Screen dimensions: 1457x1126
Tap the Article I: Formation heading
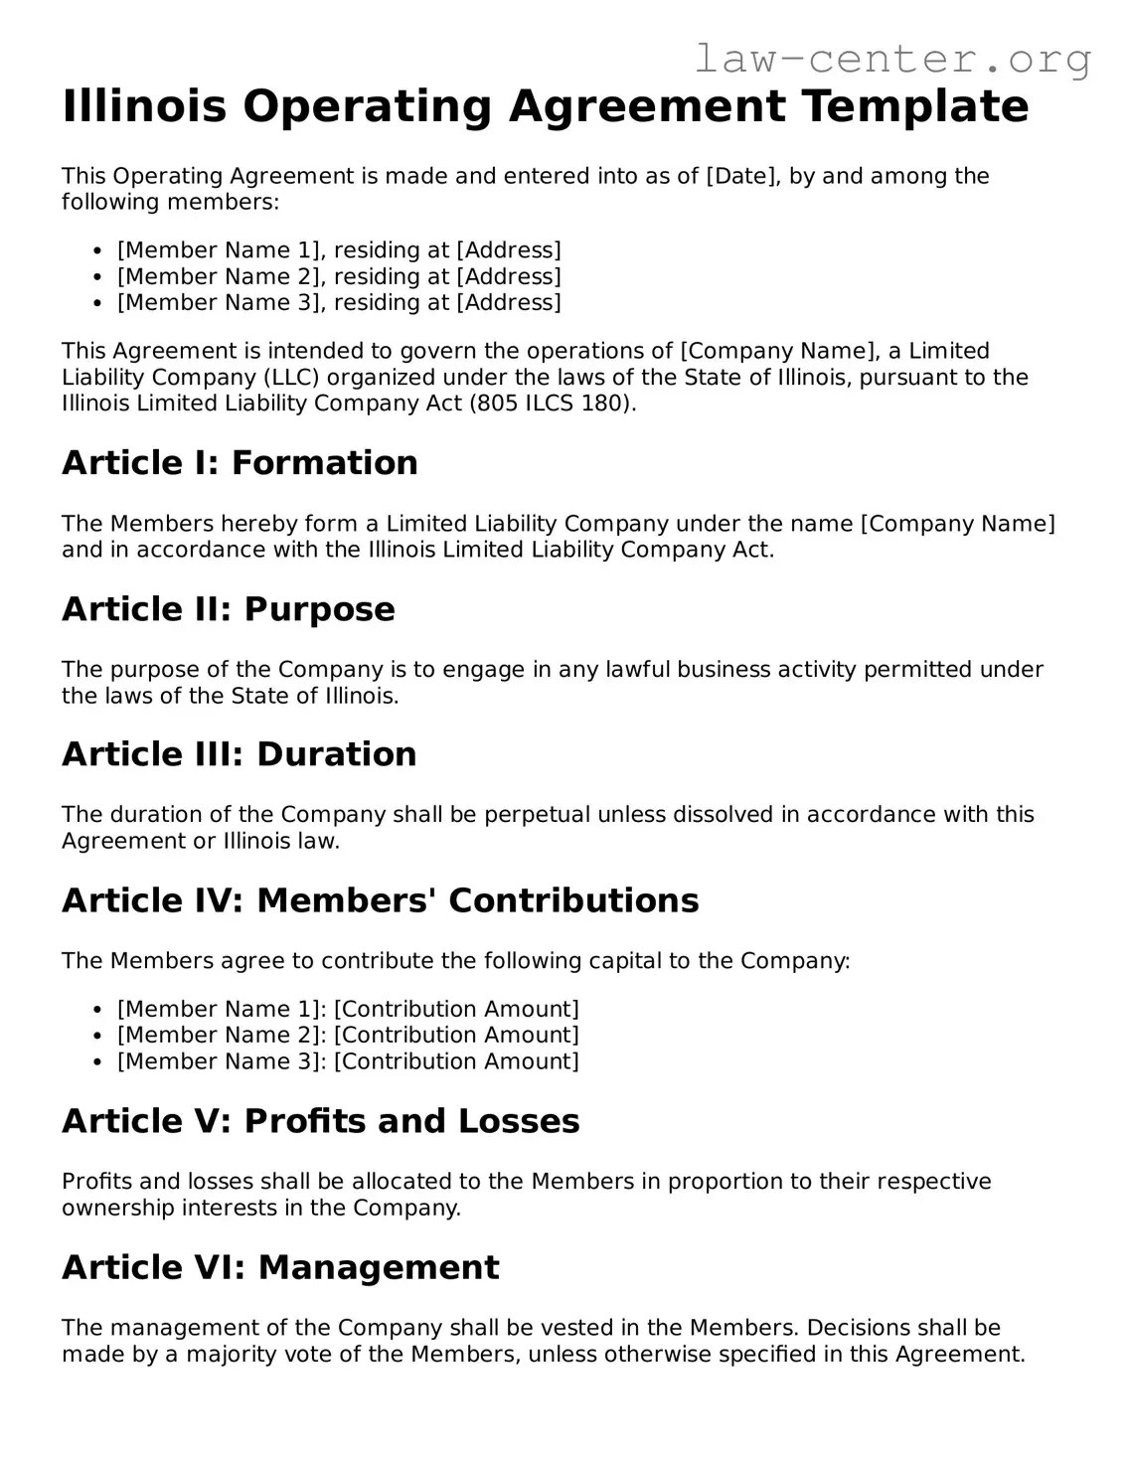point(240,463)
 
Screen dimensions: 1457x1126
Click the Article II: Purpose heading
point(228,609)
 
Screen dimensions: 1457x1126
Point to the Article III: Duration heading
point(239,754)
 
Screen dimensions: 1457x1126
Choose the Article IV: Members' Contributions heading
point(380,900)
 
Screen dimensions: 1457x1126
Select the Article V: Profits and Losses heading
point(320,1121)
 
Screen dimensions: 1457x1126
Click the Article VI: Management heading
point(280,1267)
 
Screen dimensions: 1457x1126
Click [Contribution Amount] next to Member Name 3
point(456,1061)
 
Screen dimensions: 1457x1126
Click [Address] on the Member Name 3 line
point(509,302)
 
